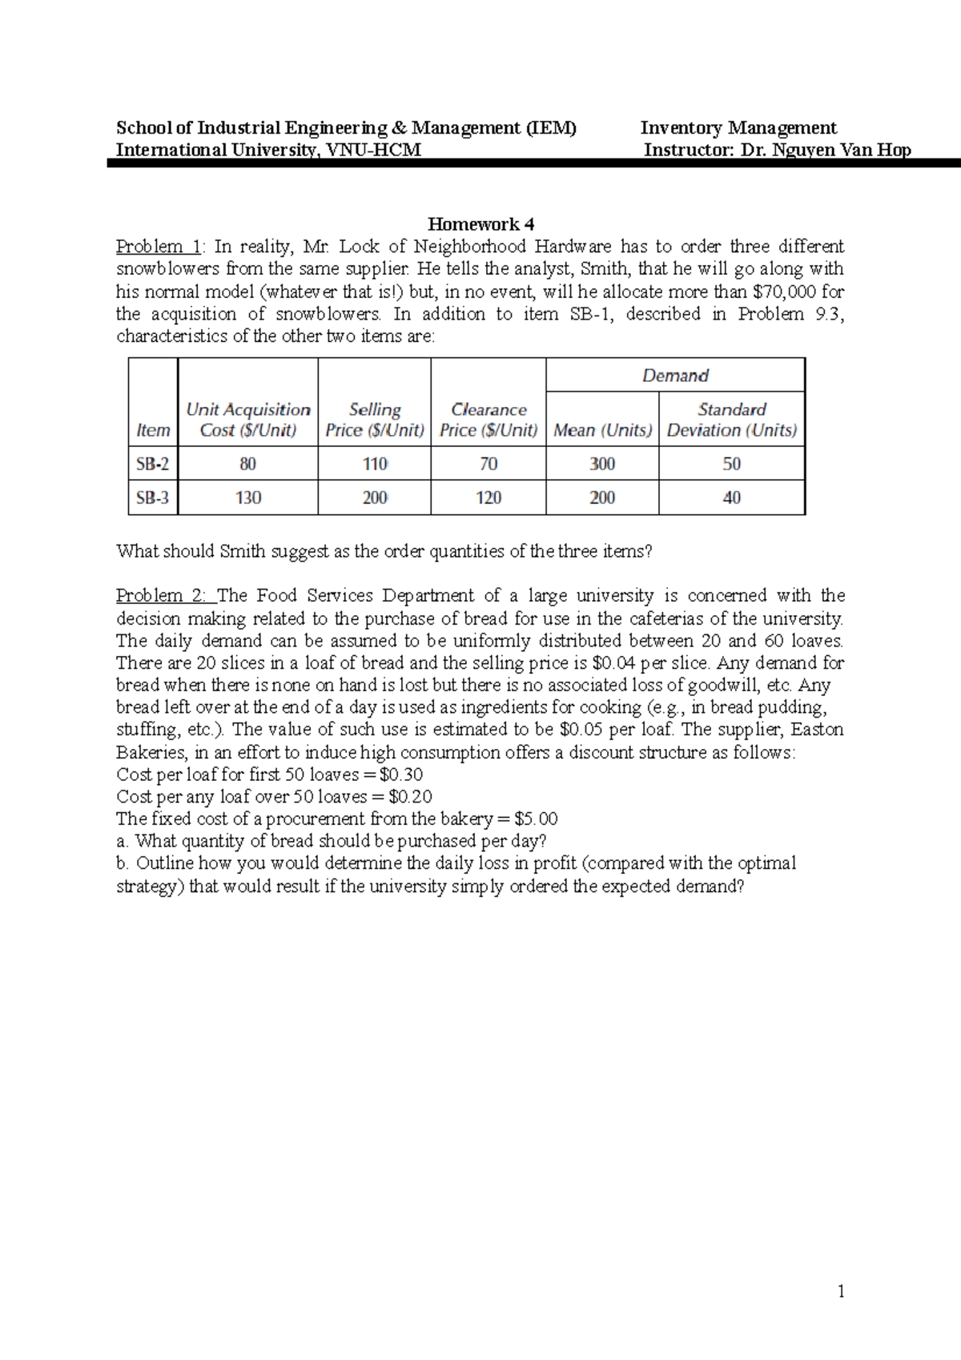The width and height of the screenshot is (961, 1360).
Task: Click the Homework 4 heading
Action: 480,224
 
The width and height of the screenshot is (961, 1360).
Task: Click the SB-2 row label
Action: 152,464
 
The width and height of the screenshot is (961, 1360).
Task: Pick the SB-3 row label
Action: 152,497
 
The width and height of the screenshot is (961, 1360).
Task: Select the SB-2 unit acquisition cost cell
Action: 247,464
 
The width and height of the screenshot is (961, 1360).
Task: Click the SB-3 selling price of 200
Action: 375,497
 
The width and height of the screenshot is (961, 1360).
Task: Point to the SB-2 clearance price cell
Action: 489,464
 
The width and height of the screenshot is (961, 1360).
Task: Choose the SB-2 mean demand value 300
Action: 602,464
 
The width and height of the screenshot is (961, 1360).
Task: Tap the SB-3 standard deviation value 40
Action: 732,497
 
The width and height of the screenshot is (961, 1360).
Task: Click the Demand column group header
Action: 675,376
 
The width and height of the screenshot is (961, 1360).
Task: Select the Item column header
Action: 153,430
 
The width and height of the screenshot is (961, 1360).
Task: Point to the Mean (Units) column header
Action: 602,430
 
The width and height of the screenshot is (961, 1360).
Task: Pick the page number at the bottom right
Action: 841,1291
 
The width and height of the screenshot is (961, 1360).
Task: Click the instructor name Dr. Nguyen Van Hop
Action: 826,150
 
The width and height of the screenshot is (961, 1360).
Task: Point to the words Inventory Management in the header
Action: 738,128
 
